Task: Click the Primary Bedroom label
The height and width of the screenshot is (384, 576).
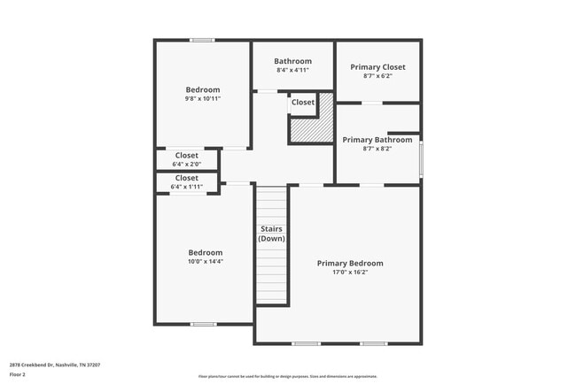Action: click(350, 263)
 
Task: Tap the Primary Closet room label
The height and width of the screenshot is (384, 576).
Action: click(378, 67)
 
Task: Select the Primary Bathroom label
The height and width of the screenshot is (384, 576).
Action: click(378, 140)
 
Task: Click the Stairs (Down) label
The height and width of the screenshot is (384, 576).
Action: click(271, 234)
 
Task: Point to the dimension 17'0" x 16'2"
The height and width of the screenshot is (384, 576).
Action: click(350, 273)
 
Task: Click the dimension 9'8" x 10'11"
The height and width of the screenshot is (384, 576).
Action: click(203, 99)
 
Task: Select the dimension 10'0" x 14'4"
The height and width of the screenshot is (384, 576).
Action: click(205, 262)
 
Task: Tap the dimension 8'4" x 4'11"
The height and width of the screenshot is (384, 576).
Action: click(292, 71)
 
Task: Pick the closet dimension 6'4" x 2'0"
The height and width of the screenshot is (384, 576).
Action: click(187, 164)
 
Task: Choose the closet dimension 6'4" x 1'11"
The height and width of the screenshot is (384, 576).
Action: click(187, 187)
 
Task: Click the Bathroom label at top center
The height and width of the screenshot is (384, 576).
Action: click(292, 61)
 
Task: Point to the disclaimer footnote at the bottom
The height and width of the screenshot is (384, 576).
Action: click(288, 376)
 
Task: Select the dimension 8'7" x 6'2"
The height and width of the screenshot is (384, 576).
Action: click(378, 76)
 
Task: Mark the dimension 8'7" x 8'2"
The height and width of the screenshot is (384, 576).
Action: click(378, 149)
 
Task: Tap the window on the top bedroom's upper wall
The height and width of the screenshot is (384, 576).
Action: click(202, 40)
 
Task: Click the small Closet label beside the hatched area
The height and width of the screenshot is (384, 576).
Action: click(302, 103)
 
